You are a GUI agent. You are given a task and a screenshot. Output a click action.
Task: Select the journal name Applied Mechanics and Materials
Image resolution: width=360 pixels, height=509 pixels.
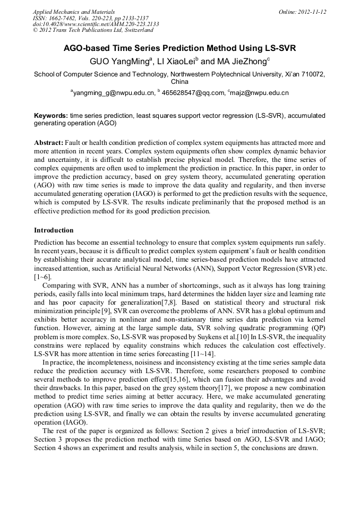click(73, 11)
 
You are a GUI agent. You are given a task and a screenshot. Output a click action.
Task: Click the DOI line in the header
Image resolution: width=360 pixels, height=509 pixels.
click(96, 24)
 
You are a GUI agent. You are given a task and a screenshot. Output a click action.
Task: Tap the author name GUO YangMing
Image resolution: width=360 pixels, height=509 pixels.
click(120, 62)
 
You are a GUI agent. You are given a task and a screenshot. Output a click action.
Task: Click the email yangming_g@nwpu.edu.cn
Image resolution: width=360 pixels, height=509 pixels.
click(114, 93)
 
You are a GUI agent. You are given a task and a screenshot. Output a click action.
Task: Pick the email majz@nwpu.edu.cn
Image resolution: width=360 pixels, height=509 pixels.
click(260, 93)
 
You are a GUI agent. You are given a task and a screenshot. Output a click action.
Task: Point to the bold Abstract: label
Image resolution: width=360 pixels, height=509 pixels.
click(49, 143)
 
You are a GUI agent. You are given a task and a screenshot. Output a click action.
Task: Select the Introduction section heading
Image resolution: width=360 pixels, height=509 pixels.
click(54, 230)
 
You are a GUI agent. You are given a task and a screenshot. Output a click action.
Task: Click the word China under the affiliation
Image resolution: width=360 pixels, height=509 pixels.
click(179, 82)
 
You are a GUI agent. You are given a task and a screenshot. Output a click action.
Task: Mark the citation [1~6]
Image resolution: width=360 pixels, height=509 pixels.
click(42, 277)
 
